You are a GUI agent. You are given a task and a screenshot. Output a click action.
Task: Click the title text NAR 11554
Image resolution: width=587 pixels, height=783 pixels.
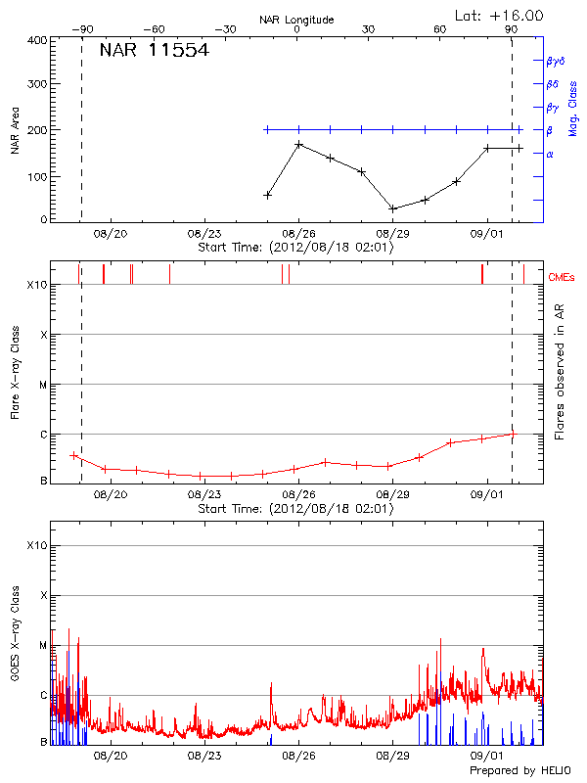tap(155, 51)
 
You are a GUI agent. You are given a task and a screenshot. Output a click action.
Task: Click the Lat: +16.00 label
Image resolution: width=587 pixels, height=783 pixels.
tap(500, 16)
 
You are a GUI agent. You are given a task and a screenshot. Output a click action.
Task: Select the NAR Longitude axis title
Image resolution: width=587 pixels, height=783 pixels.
tap(296, 20)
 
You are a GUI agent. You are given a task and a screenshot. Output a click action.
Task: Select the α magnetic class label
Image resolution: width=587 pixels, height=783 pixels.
tap(550, 154)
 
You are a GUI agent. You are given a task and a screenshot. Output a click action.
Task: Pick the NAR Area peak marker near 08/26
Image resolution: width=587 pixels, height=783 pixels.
tap(298, 145)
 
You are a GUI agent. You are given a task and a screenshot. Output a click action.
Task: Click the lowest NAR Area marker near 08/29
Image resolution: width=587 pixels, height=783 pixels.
tap(392, 208)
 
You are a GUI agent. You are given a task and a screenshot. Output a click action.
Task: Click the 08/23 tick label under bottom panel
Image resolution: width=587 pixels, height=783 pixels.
tap(203, 756)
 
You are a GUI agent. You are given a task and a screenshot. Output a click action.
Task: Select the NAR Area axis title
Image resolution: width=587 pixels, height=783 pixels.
tap(15, 130)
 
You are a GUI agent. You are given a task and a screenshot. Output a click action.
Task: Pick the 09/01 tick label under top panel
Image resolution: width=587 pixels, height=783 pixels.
tap(486, 234)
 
